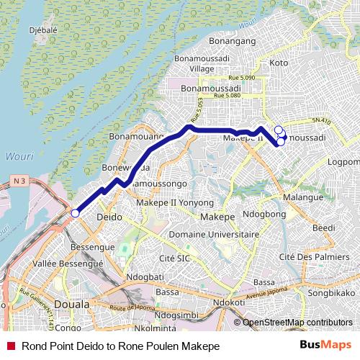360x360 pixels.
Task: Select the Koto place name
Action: (278, 63)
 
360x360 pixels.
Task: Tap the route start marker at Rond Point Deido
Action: (75, 212)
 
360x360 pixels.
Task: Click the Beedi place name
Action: (323, 228)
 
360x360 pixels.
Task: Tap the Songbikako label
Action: (332, 294)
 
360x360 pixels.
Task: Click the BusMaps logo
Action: (330, 346)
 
